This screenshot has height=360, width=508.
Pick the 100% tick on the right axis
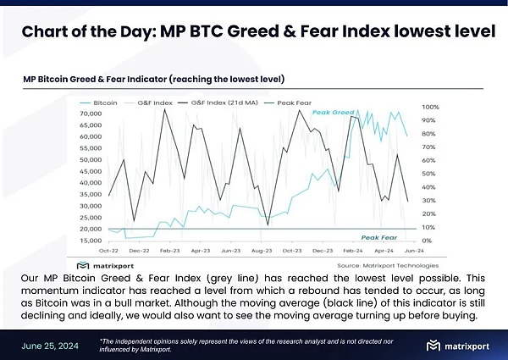click(x=430, y=108)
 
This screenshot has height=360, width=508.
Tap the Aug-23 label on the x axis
click(x=262, y=252)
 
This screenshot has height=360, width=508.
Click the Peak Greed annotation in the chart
click(x=331, y=113)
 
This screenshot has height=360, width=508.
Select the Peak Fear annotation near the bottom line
click(x=379, y=237)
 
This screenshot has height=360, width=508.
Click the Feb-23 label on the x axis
click(x=169, y=252)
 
